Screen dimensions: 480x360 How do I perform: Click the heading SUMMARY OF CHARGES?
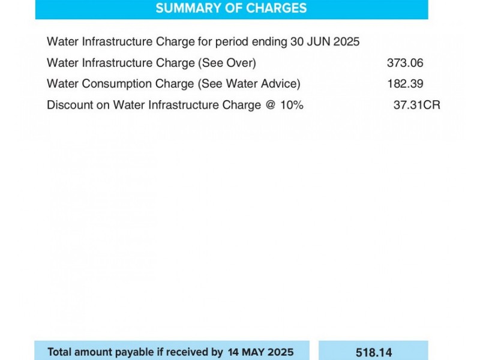231,8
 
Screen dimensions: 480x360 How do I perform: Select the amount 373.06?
405,63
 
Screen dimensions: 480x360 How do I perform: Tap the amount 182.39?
406,83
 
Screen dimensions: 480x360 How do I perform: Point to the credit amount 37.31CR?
416,105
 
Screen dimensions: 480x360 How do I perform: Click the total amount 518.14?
374,352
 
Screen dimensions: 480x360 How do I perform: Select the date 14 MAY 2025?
260,352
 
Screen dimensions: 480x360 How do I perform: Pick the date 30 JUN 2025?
325,41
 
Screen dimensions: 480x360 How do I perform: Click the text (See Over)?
227,63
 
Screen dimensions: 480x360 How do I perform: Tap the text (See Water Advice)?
249,83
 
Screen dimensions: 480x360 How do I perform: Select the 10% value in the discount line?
292,105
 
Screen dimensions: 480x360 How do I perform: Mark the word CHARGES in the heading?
277,8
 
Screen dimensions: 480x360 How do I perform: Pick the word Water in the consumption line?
62,83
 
